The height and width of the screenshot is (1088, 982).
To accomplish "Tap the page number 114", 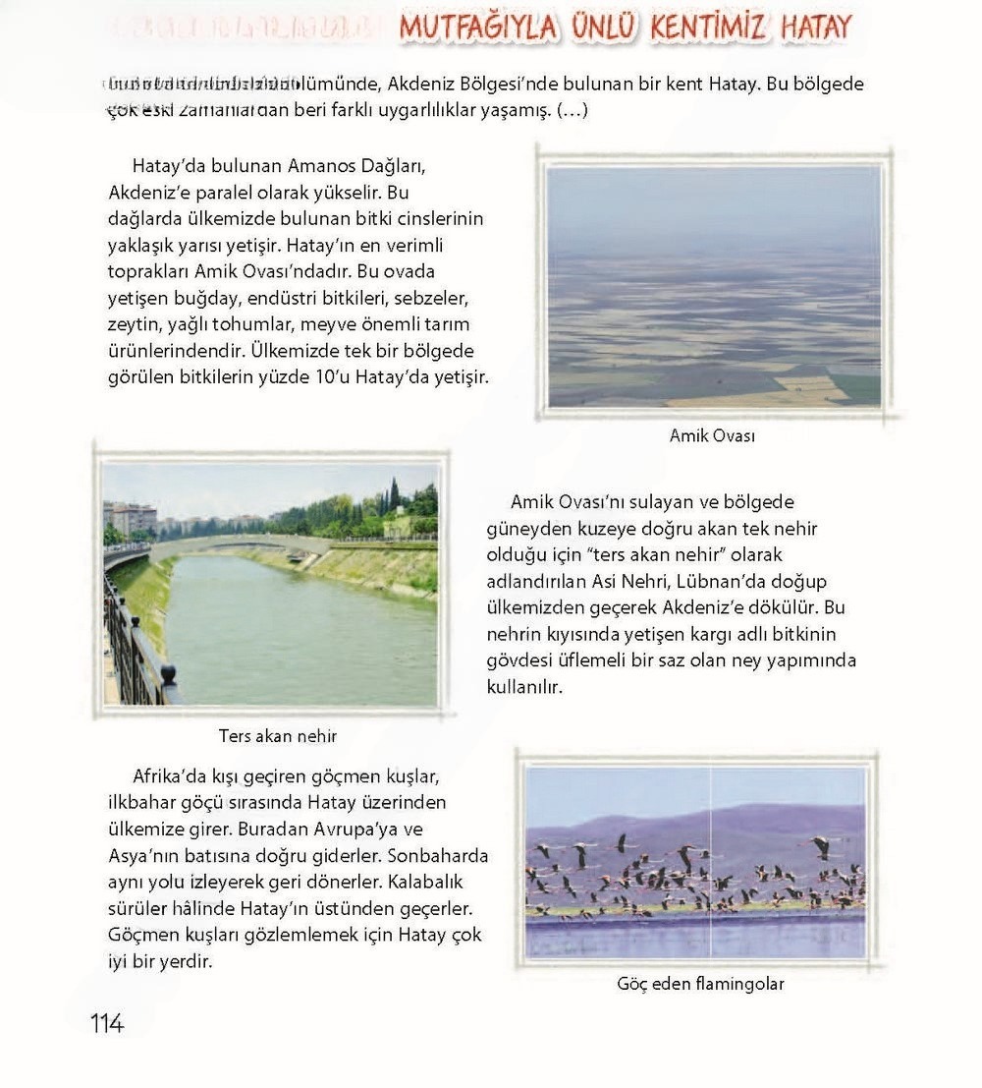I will [x=107, y=1023].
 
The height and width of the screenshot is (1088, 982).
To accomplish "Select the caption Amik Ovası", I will [x=712, y=435].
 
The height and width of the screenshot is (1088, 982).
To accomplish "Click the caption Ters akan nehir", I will [x=278, y=735].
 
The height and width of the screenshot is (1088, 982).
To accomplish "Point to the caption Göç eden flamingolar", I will [x=700, y=983].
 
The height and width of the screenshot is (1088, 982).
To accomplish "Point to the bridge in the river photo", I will [x=236, y=544].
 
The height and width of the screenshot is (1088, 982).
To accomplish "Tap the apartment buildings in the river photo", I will [x=131, y=517].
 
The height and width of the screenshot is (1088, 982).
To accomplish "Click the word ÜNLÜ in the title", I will [x=597, y=28].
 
